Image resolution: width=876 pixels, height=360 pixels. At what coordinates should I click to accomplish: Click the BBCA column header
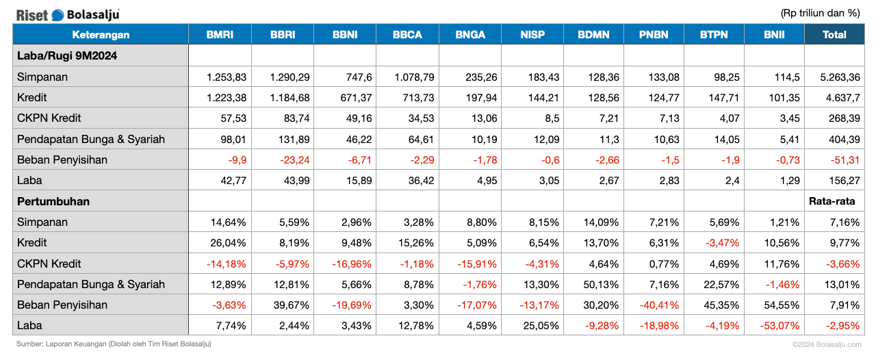(407, 35)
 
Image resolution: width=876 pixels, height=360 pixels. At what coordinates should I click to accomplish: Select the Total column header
(834, 35)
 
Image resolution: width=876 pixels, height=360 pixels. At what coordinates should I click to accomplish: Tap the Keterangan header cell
(101, 35)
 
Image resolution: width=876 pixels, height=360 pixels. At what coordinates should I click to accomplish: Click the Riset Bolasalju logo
(68, 14)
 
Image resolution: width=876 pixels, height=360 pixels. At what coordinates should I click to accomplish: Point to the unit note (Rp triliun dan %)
(820, 12)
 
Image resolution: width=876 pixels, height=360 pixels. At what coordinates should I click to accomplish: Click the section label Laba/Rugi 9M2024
(67, 56)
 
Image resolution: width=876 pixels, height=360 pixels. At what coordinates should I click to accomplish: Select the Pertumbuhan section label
(53, 201)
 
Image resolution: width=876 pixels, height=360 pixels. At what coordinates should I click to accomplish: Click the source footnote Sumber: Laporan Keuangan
(114, 344)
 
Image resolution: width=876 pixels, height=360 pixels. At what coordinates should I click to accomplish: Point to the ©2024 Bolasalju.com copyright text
(827, 344)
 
